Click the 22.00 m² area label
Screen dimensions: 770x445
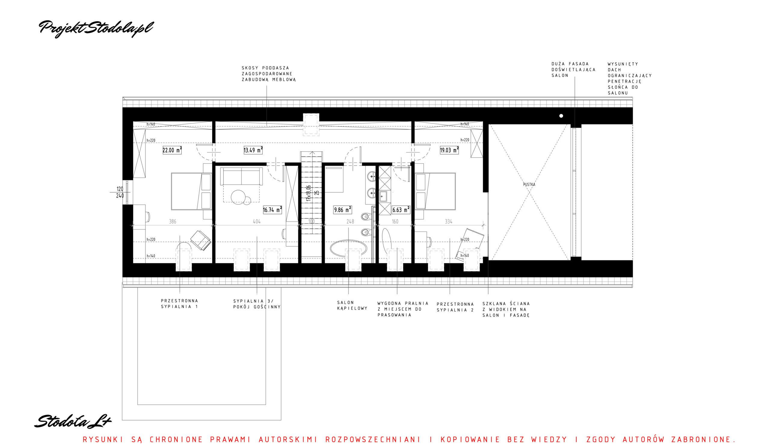[x=172, y=150]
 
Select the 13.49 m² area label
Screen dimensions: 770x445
[x=253, y=150]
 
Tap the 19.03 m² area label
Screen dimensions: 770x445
[x=449, y=150]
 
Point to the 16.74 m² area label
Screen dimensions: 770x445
[x=272, y=210]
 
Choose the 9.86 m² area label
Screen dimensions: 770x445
[x=343, y=210]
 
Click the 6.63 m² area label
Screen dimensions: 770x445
[x=401, y=210]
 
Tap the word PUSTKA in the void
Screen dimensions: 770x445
[x=529, y=185]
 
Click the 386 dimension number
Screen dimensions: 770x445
[x=173, y=222]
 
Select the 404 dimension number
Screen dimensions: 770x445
[x=257, y=222]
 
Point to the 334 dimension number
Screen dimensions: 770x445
[x=448, y=222]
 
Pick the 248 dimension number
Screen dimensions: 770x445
[x=350, y=222]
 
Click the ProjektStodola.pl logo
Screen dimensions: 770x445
[x=96, y=29]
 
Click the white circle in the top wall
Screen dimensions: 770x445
[x=561, y=116]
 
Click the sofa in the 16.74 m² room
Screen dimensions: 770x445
[x=241, y=176]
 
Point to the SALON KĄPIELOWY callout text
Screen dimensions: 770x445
[x=352, y=305]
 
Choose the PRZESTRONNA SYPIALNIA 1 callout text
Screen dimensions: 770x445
[x=180, y=304]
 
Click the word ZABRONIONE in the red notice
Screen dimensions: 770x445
[x=703, y=440]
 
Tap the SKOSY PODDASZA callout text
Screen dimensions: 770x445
[x=269, y=74]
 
